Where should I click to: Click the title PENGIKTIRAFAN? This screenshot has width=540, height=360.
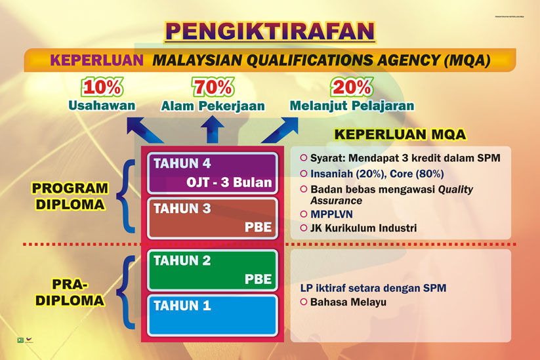click(270, 31)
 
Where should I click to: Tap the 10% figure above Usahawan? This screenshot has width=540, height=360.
click(100, 87)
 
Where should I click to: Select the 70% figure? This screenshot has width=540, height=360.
click(213, 87)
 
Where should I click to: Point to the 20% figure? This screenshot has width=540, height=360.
click(352, 87)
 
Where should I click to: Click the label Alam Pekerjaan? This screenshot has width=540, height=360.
click(213, 106)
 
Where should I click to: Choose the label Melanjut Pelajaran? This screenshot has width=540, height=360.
click(352, 105)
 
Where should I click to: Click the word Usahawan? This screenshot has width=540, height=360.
click(101, 105)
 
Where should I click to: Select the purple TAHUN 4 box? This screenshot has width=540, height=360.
click(213, 172)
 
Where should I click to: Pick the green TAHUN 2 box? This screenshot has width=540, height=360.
click(213, 269)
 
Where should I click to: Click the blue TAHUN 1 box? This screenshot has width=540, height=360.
click(213, 315)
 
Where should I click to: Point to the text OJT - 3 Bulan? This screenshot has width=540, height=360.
click(228, 182)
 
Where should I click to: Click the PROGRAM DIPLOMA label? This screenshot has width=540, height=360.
click(70, 196)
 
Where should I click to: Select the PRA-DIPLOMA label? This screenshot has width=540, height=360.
click(70, 292)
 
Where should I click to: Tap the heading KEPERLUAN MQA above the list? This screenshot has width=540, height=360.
click(400, 135)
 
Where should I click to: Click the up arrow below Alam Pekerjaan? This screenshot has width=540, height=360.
click(211, 130)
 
